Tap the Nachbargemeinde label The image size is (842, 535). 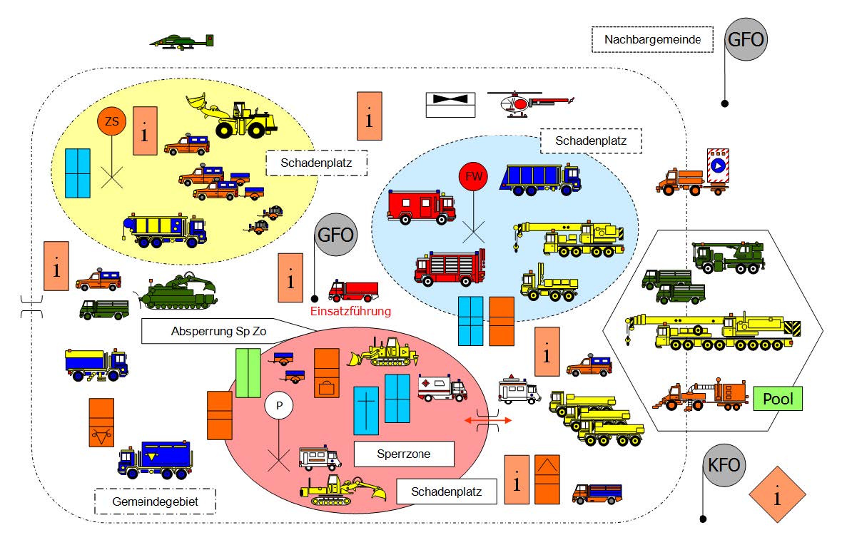pos(652,39)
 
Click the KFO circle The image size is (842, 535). pos(724,465)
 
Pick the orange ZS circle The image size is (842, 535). pos(112,121)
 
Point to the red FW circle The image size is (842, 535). pos(473,176)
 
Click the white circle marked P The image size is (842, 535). pos(279,406)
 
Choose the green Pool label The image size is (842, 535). pos(778,399)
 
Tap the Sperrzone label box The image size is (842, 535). pos(404,454)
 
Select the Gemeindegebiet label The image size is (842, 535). pos(155,501)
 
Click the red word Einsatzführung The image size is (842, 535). pos(350,311)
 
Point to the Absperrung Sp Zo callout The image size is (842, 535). pos(218,331)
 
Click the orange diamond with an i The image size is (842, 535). pos(777,494)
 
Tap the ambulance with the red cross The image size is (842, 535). pos(442,388)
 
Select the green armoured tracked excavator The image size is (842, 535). pos(178,292)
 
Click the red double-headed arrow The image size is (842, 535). pos(487,420)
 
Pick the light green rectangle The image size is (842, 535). pos(248,373)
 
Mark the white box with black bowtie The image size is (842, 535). pos(450,105)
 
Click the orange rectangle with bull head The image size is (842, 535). pos(101,422)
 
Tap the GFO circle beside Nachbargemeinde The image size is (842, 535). pos(746,39)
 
